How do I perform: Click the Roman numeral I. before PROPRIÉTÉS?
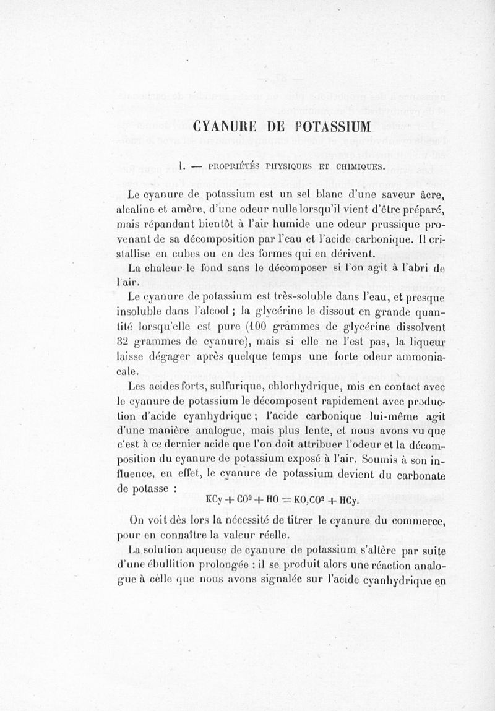click(x=178, y=165)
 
